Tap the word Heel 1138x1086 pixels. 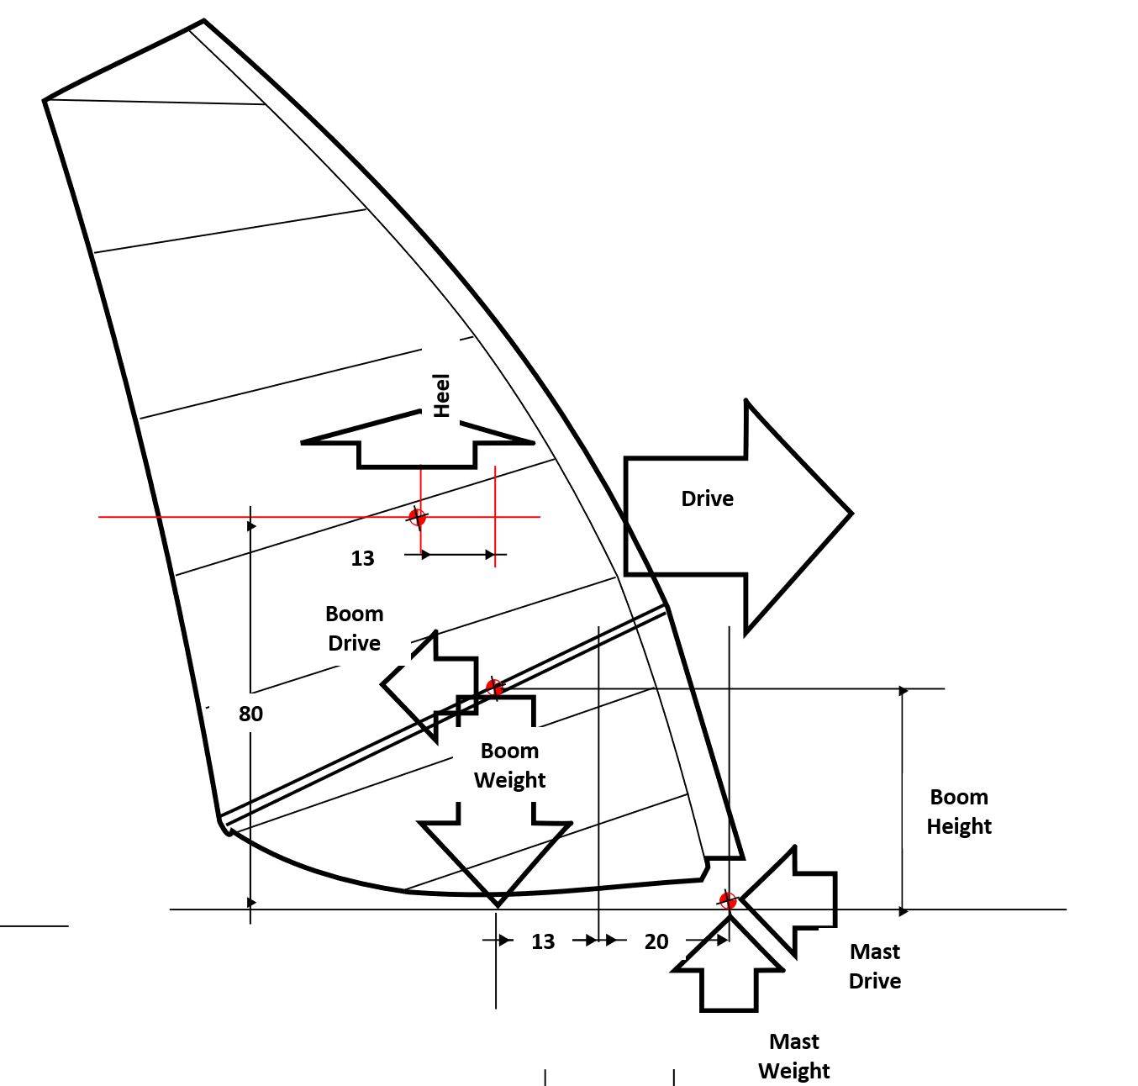click(x=441, y=395)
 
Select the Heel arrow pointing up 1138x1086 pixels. click(x=418, y=442)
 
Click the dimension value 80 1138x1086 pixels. click(x=250, y=714)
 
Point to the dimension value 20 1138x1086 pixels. click(x=656, y=941)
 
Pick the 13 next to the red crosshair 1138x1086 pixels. click(x=362, y=558)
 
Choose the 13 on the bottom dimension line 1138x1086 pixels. click(x=543, y=941)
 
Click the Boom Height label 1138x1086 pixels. click(x=959, y=811)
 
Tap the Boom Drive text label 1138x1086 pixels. click(x=354, y=628)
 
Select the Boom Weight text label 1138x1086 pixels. click(x=509, y=765)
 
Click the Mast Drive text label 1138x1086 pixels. click(x=875, y=966)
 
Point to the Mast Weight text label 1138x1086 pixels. click(x=793, y=1056)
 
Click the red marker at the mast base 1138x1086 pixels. click(x=728, y=901)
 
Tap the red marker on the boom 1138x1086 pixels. click(x=494, y=688)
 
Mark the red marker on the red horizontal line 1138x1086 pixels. click(x=417, y=516)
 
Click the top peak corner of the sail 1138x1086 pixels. click(x=203, y=21)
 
